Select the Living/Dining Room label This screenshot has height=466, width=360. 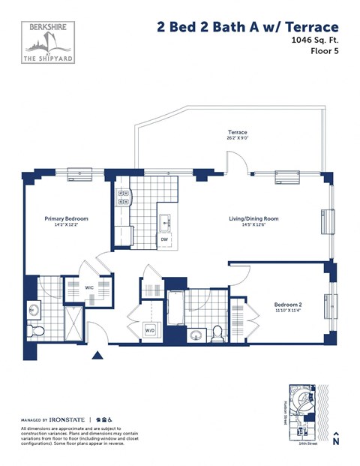[x=253, y=219]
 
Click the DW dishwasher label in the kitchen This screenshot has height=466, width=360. [x=165, y=240]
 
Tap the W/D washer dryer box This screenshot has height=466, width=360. [x=151, y=329]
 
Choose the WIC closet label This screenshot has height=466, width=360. [x=88, y=287]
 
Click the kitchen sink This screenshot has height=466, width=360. [x=166, y=222]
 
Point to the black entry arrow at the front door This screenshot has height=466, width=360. [x=97, y=357]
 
